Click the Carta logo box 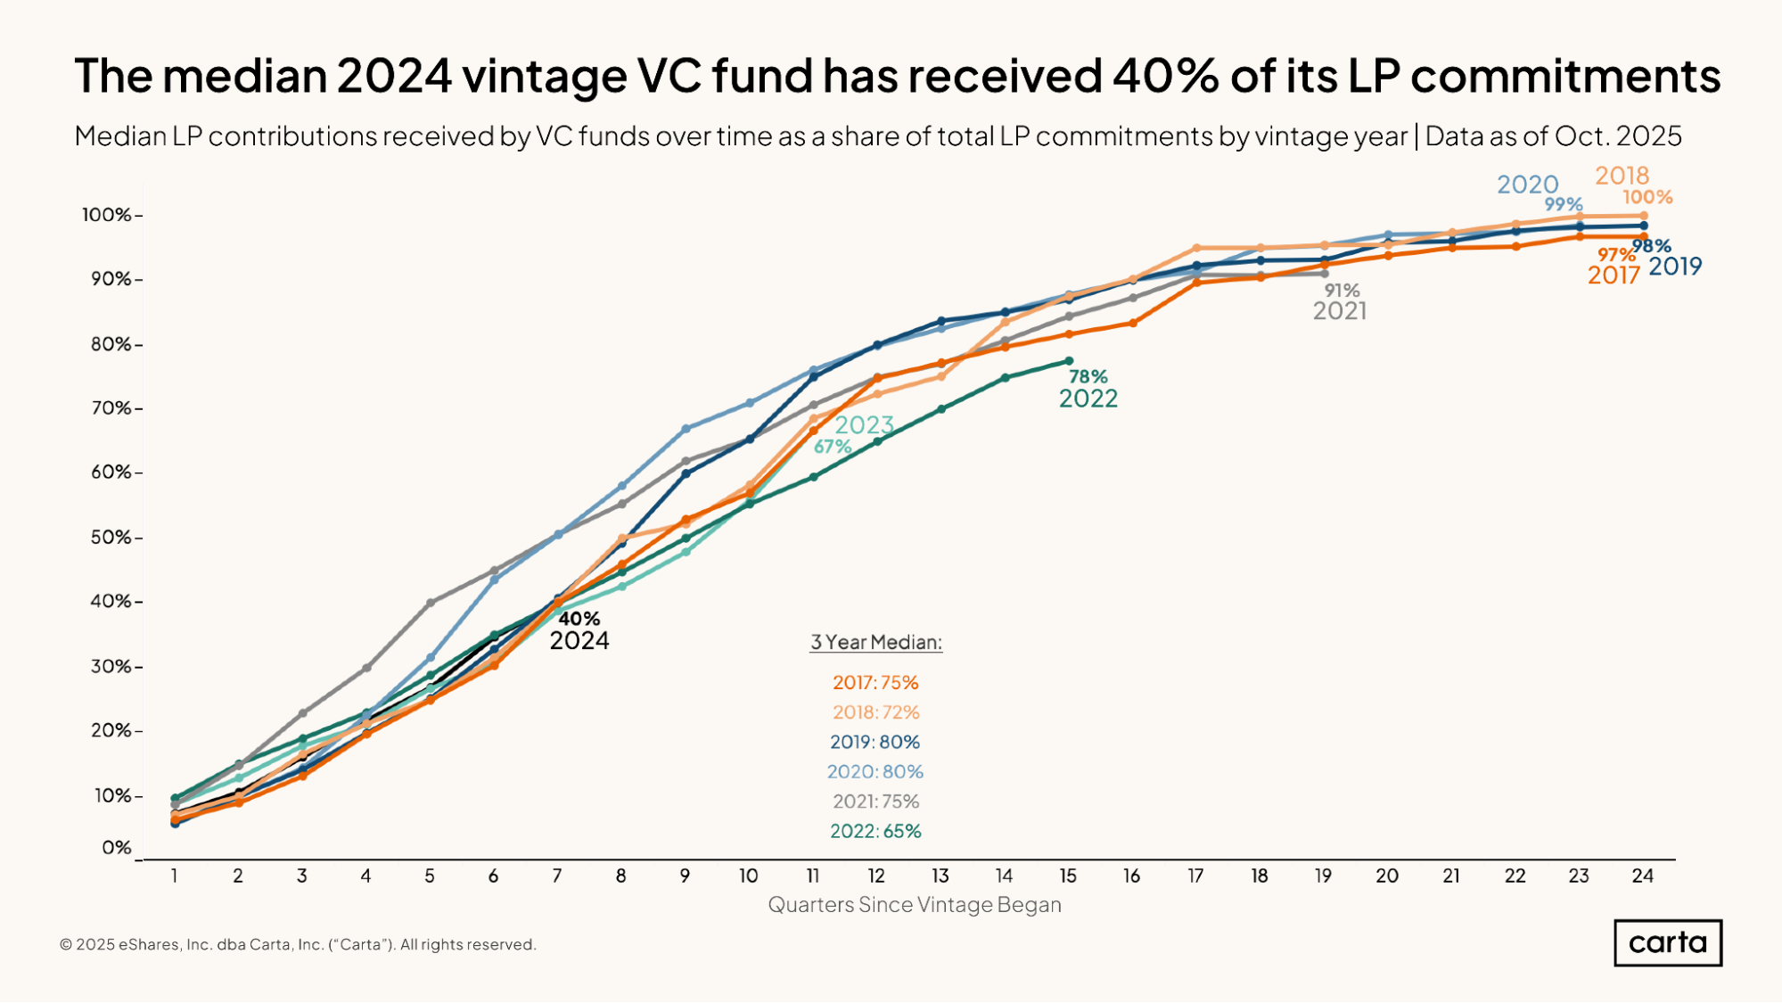tap(1667, 942)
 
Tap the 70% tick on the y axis tap(111, 408)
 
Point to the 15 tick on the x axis tap(1068, 876)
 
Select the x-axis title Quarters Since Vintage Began tap(914, 904)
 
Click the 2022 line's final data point tap(1068, 361)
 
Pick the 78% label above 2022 tap(1088, 376)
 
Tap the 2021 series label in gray tap(1339, 310)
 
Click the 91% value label tap(1341, 290)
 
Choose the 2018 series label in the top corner tap(1622, 175)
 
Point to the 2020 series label tap(1527, 185)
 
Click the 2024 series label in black tap(579, 640)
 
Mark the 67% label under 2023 tap(832, 447)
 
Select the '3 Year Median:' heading tap(875, 642)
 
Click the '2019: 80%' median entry tap(875, 742)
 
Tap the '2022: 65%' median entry tap(875, 831)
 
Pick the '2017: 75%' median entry tap(875, 682)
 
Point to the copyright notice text tap(298, 944)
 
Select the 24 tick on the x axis tap(1642, 876)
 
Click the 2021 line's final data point tap(1324, 274)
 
